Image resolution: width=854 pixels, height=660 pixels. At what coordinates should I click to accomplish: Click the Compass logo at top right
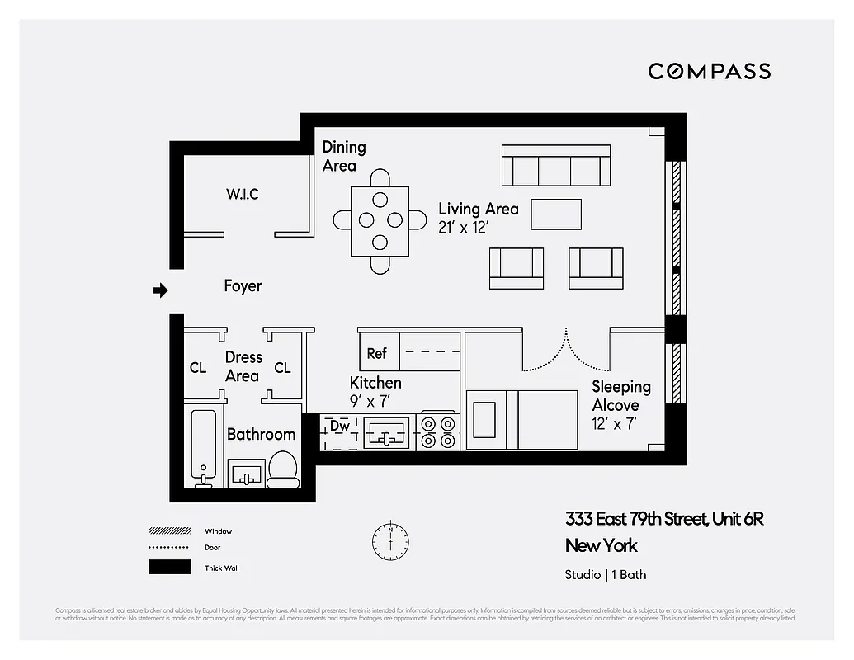pyautogui.click(x=709, y=71)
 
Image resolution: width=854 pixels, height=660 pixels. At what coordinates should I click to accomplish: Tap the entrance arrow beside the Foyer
pyautogui.click(x=161, y=290)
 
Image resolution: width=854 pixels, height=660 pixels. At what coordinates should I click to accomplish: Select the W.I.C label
pyautogui.click(x=242, y=194)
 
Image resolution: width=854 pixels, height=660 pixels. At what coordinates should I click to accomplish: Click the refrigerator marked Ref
pyautogui.click(x=378, y=353)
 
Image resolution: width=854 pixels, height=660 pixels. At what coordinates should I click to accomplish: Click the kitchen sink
pyautogui.click(x=386, y=431)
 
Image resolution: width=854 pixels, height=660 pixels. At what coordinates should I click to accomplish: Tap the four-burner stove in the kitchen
pyautogui.click(x=437, y=431)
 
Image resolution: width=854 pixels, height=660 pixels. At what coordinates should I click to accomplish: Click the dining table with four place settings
pyautogui.click(x=380, y=220)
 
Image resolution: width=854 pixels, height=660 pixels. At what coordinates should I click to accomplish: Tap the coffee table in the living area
pyautogui.click(x=555, y=214)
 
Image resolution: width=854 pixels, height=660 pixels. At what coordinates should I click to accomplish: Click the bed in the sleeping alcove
pyautogui.click(x=521, y=420)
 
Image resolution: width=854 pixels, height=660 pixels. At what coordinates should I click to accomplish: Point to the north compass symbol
pyautogui.click(x=390, y=540)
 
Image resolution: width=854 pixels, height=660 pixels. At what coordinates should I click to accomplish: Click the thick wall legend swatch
pyautogui.click(x=170, y=568)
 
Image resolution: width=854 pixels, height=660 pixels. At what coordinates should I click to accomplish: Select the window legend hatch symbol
pyautogui.click(x=170, y=531)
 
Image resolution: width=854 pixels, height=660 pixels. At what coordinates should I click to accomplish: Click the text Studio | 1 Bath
pyautogui.click(x=606, y=575)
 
